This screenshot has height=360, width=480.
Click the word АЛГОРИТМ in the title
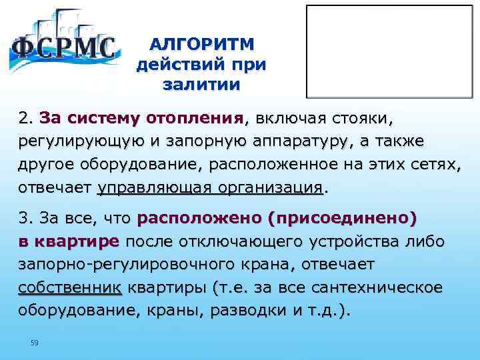(201, 45)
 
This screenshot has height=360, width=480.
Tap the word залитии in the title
(201, 85)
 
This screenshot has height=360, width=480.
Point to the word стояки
(359, 119)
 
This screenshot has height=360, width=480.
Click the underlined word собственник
(70, 287)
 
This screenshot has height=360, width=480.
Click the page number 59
(35, 343)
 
